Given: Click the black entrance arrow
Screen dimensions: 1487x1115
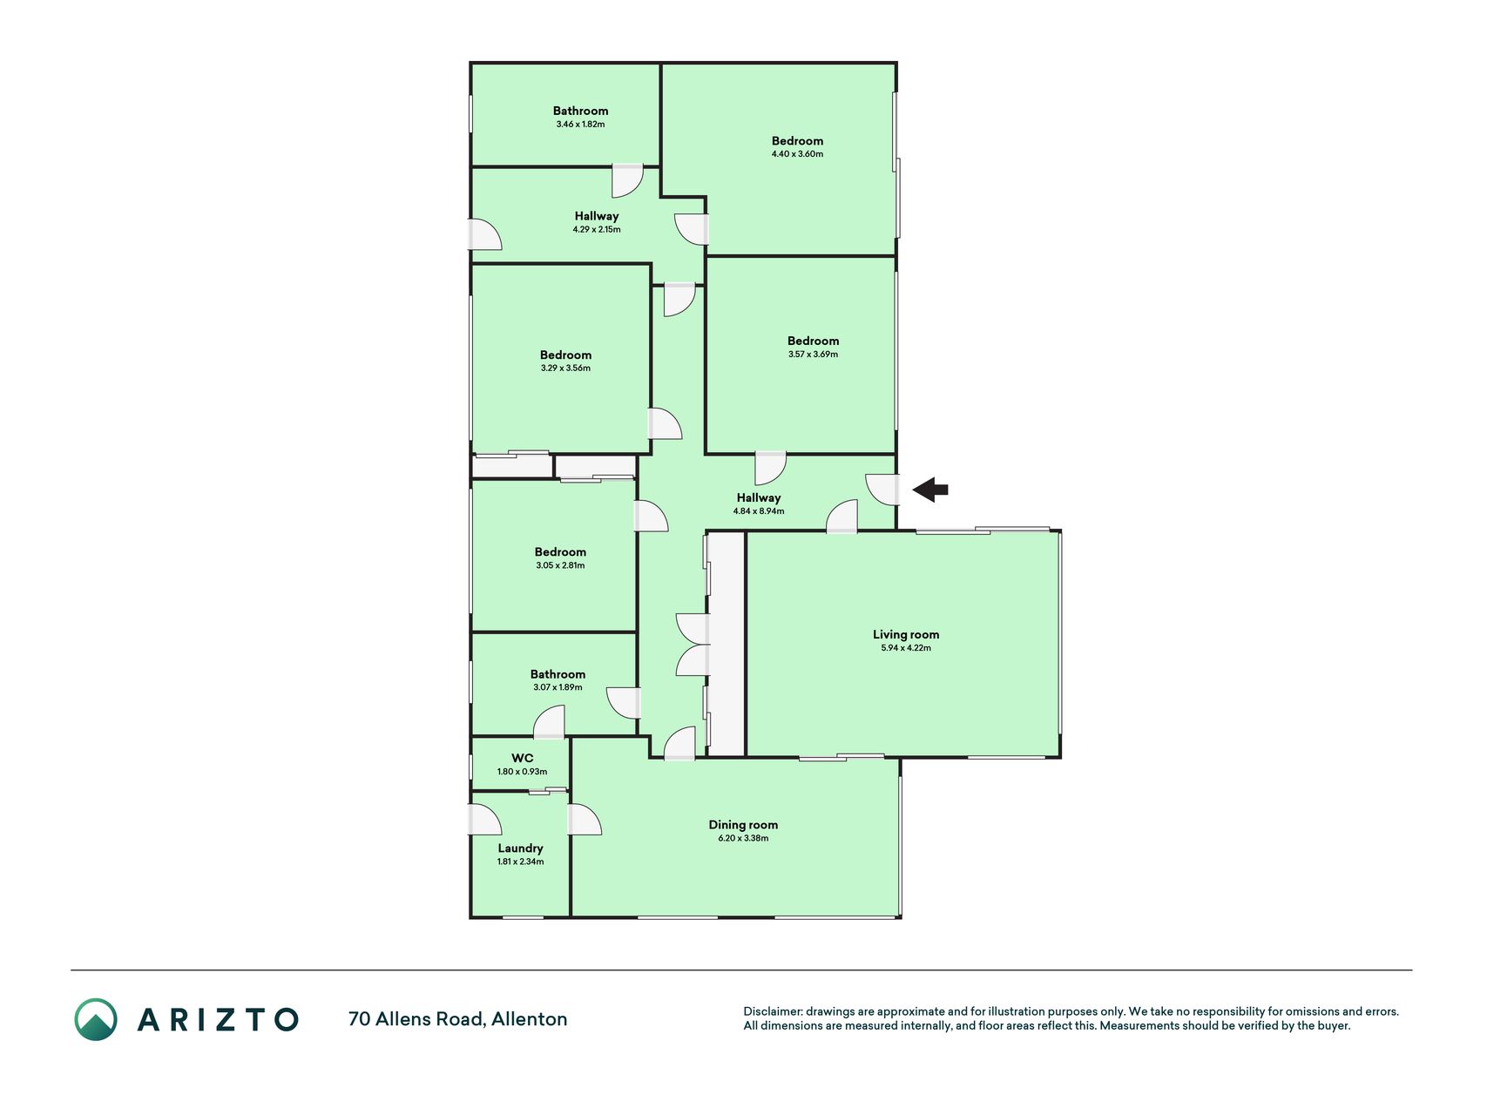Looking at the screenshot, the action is coord(929,490).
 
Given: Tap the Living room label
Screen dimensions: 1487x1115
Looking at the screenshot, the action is coord(906,634).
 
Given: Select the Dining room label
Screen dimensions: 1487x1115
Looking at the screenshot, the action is coord(743,825).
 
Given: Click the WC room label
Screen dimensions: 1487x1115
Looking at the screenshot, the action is coord(523,758).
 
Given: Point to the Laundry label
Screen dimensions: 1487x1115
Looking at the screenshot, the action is coord(521,848).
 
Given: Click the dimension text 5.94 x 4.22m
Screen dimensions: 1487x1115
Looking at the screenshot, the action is coord(906,648).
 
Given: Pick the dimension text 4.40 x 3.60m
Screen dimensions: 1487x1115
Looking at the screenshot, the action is coord(797,154).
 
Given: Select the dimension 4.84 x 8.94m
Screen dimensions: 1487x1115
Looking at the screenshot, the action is coord(759,511).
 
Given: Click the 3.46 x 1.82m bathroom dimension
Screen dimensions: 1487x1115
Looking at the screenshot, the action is coord(580,125).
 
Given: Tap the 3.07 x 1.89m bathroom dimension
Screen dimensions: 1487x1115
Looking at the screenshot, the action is coord(558,687).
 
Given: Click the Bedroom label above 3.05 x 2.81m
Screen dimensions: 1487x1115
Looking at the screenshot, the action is coord(560,551).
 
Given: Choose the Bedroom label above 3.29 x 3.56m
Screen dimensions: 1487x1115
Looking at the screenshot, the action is coord(565,355).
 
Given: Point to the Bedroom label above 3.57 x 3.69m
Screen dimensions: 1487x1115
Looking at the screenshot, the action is coord(813,341).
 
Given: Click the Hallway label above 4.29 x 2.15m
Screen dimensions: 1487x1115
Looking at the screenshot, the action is coord(597,216).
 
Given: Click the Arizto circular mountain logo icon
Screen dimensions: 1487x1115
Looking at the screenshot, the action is coord(96,1019).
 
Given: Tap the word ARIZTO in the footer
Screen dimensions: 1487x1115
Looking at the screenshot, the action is coord(218,1019).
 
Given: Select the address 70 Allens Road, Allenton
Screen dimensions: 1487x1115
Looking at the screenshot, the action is coord(458,1019).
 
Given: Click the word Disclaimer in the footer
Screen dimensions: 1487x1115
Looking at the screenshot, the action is coord(773,1011).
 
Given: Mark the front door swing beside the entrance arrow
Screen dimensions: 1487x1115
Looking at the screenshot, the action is coord(882,489).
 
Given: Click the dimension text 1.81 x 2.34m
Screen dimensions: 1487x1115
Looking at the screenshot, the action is coord(520,862).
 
